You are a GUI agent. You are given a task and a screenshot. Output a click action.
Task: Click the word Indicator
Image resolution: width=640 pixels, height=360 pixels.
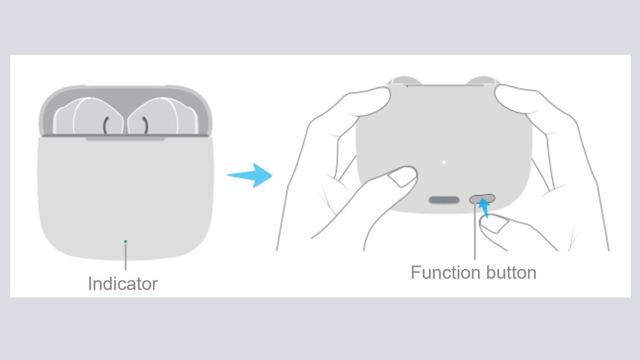click(123, 284)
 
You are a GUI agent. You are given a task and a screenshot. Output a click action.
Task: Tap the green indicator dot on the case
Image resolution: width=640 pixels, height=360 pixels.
click(125, 242)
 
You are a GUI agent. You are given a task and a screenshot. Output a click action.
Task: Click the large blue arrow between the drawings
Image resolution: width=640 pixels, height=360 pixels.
click(250, 175)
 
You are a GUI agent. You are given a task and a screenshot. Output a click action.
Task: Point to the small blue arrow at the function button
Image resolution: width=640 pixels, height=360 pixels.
click(484, 207)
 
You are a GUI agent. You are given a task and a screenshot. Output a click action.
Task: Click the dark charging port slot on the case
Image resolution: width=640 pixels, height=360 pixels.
click(444, 200)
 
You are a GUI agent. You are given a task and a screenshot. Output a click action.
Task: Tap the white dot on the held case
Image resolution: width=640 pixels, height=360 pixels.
click(444, 162)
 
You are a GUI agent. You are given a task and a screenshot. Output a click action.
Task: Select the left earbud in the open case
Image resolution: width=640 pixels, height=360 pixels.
click(89, 116)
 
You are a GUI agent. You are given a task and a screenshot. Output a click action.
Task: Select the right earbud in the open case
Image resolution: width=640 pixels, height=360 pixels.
click(163, 116)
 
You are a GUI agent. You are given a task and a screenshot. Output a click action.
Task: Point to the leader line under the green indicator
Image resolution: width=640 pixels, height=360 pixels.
click(125, 257)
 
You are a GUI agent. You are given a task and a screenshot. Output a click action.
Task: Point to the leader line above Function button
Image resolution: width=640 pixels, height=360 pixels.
click(475, 231)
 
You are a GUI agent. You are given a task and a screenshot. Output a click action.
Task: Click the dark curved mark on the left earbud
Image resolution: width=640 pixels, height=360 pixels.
click(106, 125)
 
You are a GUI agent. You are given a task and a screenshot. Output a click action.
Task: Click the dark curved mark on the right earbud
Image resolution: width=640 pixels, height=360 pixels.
click(146, 125)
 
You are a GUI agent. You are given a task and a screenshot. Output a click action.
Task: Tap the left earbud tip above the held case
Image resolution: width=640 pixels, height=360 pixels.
click(404, 80)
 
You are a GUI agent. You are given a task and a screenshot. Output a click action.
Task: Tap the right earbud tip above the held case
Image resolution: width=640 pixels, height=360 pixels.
click(482, 80)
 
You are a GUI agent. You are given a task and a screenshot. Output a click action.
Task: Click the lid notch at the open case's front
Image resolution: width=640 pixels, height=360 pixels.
click(126, 139)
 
